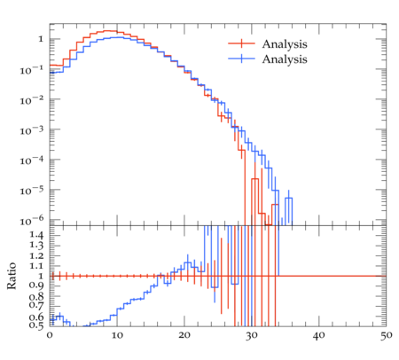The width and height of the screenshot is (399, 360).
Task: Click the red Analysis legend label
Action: point(285,44)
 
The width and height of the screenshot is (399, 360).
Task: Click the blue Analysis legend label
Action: point(285,59)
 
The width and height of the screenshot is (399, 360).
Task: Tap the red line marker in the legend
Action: point(241,43)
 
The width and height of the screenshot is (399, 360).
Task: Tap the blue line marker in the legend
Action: point(241,59)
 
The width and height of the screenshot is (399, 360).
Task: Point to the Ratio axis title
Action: point(12,276)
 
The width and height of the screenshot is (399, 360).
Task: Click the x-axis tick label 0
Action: point(50,335)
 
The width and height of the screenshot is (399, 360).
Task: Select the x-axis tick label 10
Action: point(117,335)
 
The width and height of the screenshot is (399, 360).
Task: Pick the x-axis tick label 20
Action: point(184,335)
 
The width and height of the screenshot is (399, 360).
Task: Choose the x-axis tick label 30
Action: point(252,335)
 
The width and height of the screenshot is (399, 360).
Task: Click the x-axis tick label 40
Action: point(319,335)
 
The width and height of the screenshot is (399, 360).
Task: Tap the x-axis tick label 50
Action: point(386,335)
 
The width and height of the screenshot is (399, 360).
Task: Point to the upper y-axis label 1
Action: point(41,39)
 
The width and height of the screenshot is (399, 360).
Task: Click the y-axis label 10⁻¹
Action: point(32,70)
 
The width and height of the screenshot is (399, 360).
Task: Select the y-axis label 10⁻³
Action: point(32,130)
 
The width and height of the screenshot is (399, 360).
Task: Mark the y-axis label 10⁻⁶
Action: point(32,220)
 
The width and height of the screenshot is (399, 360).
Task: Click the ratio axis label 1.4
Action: point(36,236)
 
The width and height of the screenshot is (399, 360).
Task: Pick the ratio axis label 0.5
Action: point(36,325)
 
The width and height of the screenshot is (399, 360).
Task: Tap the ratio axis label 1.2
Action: point(36,256)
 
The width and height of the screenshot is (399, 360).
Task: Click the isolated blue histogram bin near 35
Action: point(289,208)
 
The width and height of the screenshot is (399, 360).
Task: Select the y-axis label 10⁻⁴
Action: point(32,160)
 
